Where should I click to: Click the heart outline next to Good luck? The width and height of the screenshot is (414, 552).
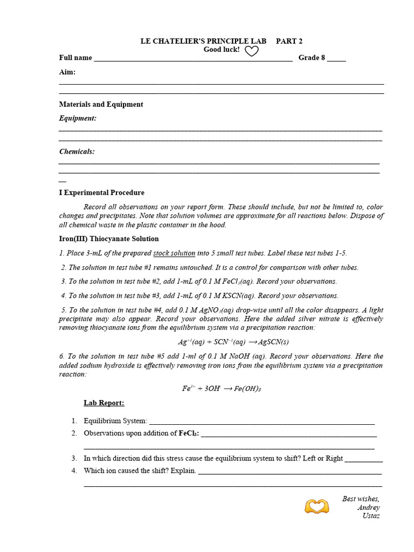coord(252,51)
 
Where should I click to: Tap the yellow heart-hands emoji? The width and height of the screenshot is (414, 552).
coord(316,507)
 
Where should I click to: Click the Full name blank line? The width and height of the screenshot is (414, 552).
coord(193,59)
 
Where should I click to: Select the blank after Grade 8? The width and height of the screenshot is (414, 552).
coord(336,59)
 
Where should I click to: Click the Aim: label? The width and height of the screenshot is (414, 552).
coord(67,72)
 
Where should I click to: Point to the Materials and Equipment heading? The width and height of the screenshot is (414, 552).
coord(101,105)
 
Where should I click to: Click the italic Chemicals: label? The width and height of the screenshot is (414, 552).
coord(77,151)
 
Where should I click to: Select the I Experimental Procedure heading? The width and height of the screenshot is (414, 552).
coord(101,192)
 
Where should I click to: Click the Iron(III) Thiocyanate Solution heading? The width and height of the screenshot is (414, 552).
coord(109,239)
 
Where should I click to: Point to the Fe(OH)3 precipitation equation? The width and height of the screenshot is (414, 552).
coord(222,389)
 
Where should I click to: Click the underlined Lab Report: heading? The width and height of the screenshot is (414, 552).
coord(104,403)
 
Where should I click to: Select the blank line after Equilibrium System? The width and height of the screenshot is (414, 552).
coord(261,422)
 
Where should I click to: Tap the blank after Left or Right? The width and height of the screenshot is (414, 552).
coord(364,459)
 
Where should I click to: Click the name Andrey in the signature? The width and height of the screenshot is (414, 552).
coord(368,507)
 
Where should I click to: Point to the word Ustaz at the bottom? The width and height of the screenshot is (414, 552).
coord(371,516)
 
